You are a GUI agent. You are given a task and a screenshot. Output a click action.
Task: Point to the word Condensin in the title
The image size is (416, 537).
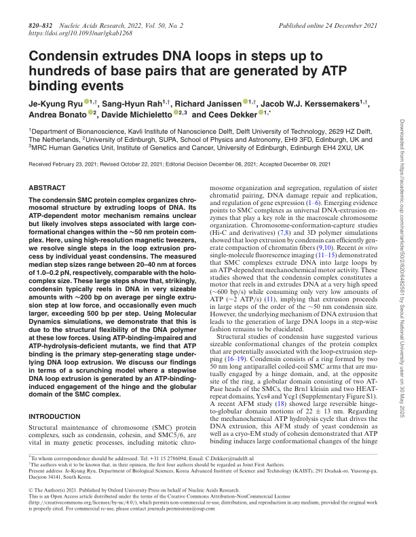[x=69, y=59]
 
